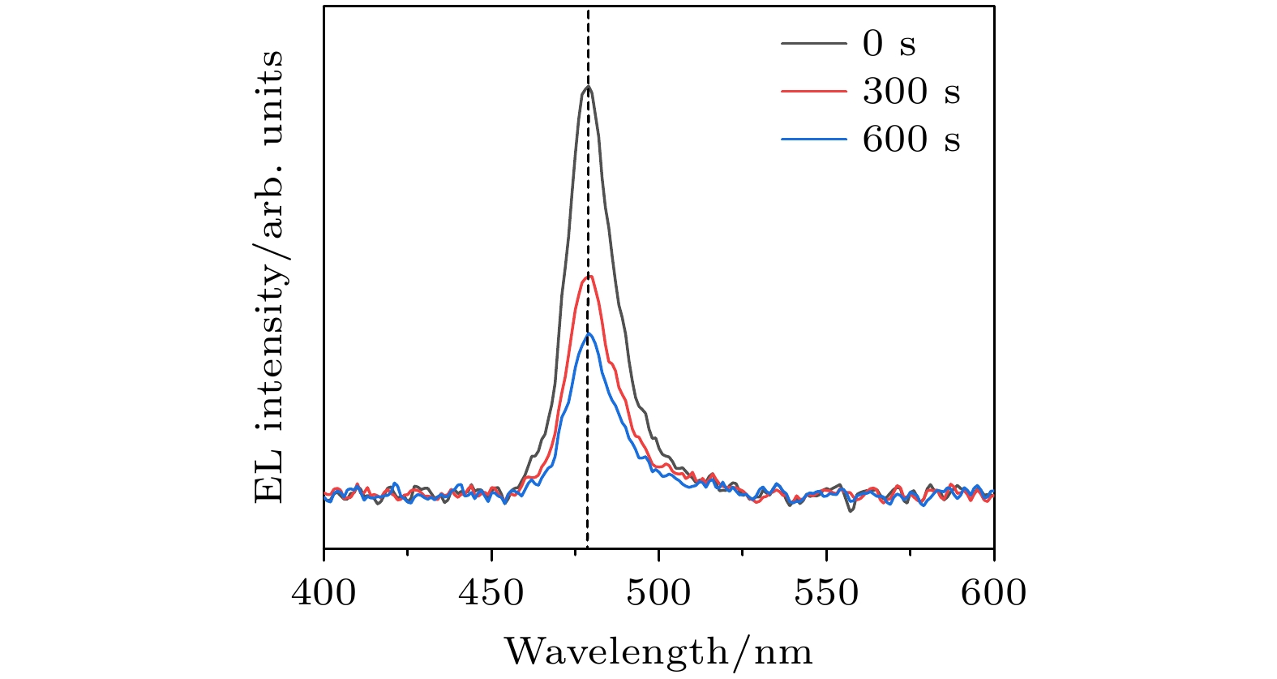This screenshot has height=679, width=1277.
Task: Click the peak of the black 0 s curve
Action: click(588, 87)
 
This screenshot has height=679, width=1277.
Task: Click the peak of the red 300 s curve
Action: click(590, 277)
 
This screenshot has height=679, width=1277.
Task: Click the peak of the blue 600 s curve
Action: click(589, 333)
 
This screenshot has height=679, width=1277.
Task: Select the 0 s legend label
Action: click(889, 43)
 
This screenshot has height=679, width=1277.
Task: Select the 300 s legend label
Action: click(911, 91)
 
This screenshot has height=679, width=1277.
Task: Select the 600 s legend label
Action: click(911, 140)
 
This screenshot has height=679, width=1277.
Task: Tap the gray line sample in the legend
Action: click(813, 43)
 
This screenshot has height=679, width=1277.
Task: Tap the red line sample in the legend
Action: click(813, 92)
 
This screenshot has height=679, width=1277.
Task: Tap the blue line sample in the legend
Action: click(813, 140)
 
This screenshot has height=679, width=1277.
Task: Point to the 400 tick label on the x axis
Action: click(324, 592)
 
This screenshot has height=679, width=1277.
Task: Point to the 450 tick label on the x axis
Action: click(491, 592)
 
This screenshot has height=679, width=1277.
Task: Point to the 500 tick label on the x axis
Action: click(658, 592)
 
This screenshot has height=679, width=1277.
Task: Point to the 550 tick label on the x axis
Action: click(826, 592)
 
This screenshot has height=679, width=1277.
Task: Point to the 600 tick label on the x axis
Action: click(993, 592)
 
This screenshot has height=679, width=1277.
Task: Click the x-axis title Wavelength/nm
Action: click(658, 651)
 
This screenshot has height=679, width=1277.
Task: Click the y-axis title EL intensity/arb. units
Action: click(270, 276)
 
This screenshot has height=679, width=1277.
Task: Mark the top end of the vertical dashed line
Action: click(588, 10)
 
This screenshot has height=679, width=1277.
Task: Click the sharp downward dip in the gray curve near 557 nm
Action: click(851, 511)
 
